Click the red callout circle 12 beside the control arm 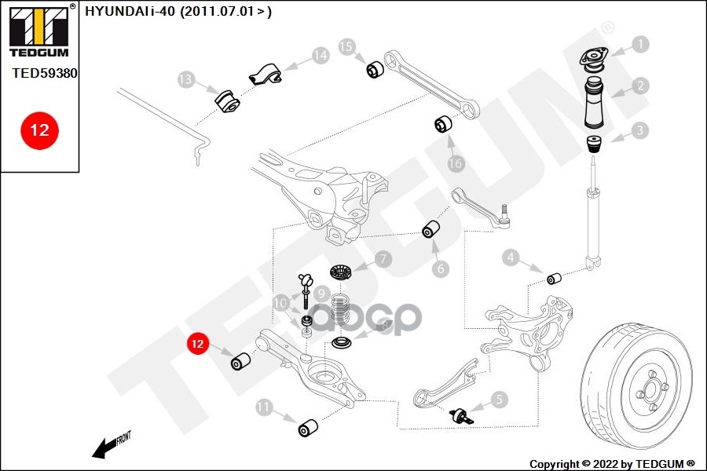(197, 343)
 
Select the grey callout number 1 (640, 45)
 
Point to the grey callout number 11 (264, 407)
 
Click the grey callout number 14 (320, 56)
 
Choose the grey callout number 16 (456, 164)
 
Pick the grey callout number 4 (511, 257)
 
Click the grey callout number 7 (382, 258)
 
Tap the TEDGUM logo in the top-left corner (38, 31)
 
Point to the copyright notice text (612, 463)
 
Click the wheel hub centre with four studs (651, 385)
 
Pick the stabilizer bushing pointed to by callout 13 (226, 100)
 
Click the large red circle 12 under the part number (38, 130)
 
